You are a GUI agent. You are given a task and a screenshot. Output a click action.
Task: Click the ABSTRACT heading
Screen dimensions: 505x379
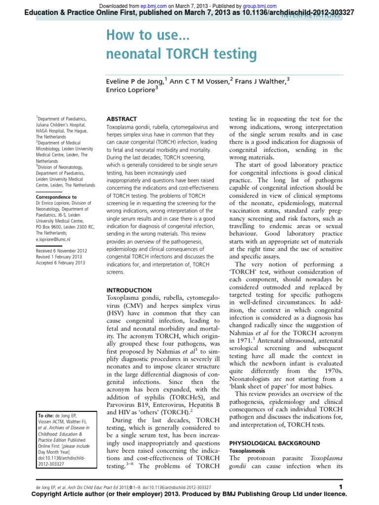click(x=122, y=119)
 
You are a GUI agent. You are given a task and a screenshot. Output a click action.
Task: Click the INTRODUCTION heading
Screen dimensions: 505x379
click(x=129, y=290)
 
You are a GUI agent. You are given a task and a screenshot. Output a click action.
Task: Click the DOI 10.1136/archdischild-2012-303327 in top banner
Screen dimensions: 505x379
click(x=278, y=12)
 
